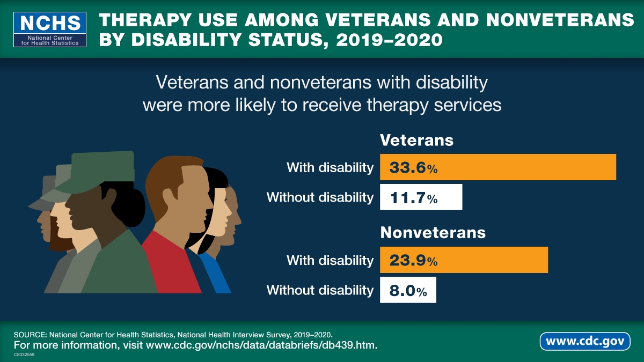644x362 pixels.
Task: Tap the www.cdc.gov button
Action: tap(585, 341)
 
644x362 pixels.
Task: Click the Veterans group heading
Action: tap(416, 140)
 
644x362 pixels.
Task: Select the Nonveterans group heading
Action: tap(433, 233)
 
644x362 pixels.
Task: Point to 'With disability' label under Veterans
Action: tap(330, 168)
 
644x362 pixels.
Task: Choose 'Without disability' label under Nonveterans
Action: tap(320, 291)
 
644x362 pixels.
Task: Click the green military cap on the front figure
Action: tap(102, 169)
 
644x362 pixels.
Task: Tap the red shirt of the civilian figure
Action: tap(169, 265)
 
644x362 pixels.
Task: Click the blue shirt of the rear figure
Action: tap(217, 274)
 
